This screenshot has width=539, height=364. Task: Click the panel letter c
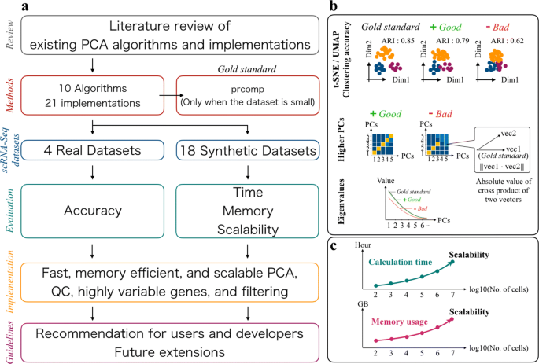coord(335,246)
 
